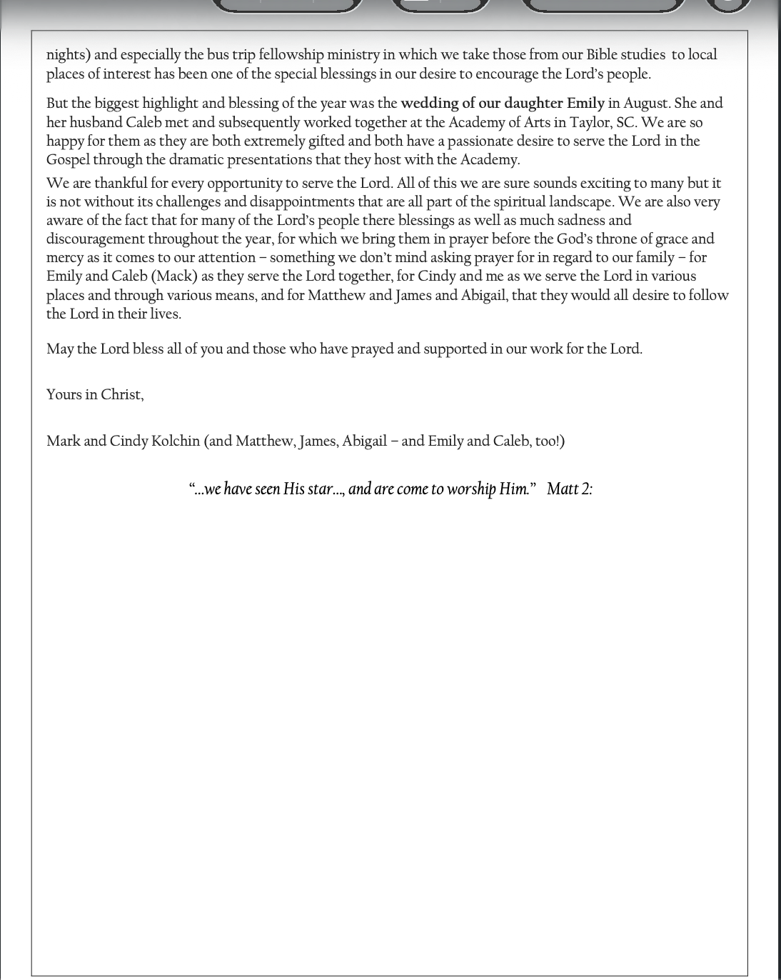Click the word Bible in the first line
pyautogui.click(x=601, y=55)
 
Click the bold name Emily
pyautogui.click(x=585, y=104)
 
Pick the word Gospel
pyautogui.click(x=68, y=160)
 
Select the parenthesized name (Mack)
pyautogui.click(x=174, y=276)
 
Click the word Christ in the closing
pyautogui.click(x=121, y=395)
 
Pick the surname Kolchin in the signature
pyautogui.click(x=175, y=441)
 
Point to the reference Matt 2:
pyautogui.click(x=569, y=489)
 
